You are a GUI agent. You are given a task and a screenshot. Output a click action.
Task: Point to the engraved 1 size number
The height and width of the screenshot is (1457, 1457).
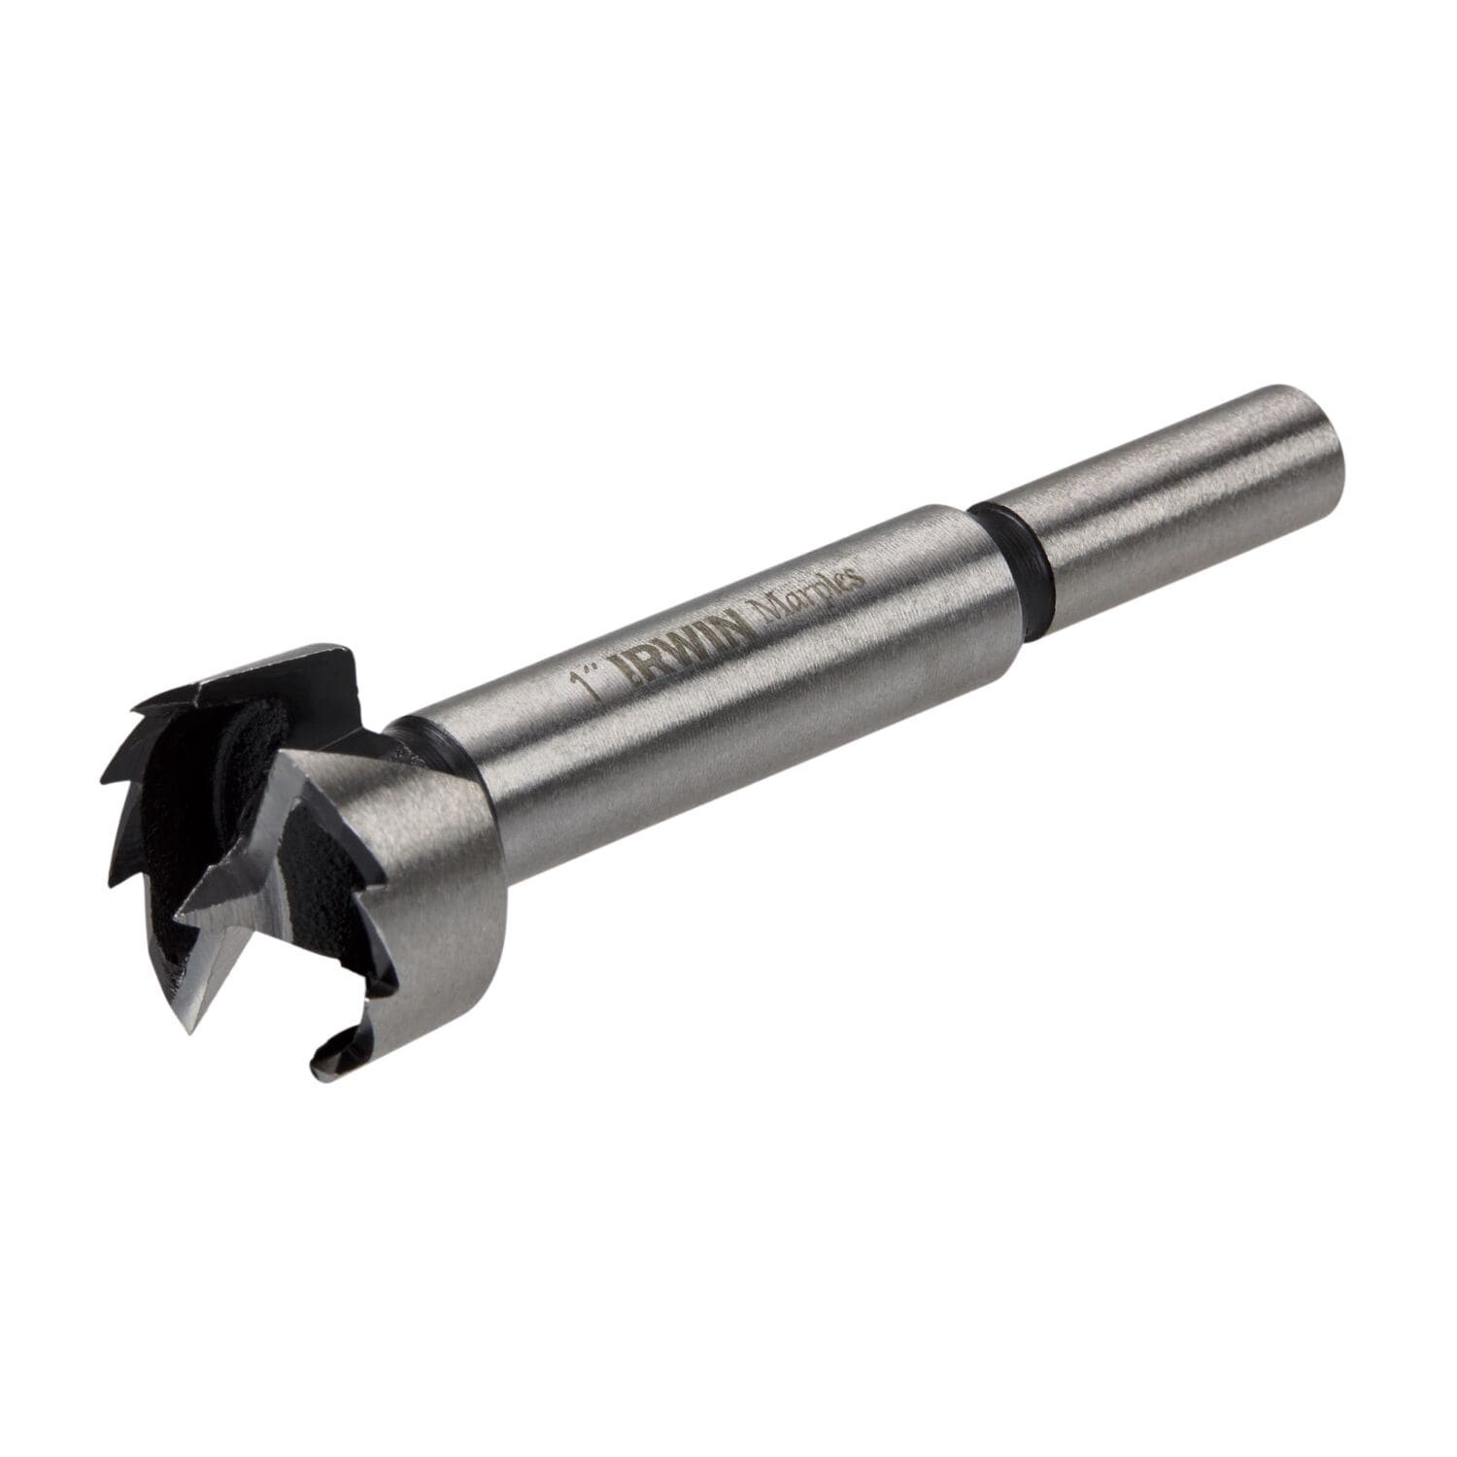(584, 684)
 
